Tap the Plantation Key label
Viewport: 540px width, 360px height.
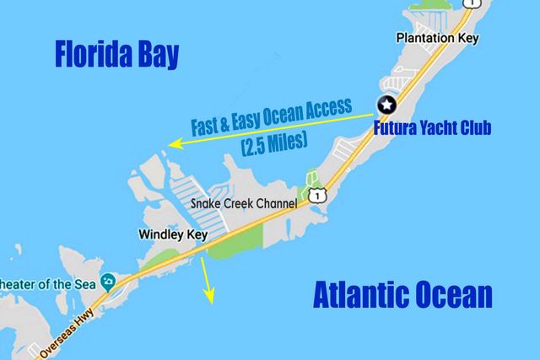click(x=430, y=38)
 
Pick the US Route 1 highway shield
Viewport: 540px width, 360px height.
click(x=315, y=196)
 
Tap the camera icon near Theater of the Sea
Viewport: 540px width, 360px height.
click(x=108, y=281)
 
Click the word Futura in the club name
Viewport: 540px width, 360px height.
click(x=400, y=129)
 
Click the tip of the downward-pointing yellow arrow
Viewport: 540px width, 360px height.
click(x=211, y=302)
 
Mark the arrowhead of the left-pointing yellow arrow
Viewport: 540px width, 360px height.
click(x=169, y=145)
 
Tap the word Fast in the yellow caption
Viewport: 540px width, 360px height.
click(x=210, y=126)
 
